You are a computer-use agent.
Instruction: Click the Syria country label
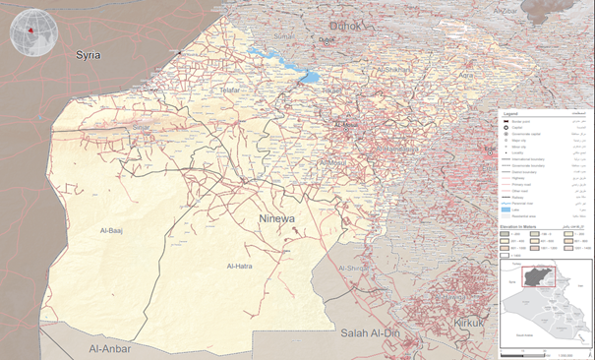pyautogui.click(x=89, y=56)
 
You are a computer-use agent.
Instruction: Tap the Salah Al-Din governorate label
pyautogui.click(x=375, y=334)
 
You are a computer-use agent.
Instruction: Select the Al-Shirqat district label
pyautogui.click(x=355, y=268)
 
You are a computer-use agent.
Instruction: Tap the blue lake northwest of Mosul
pyautogui.click(x=307, y=75)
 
